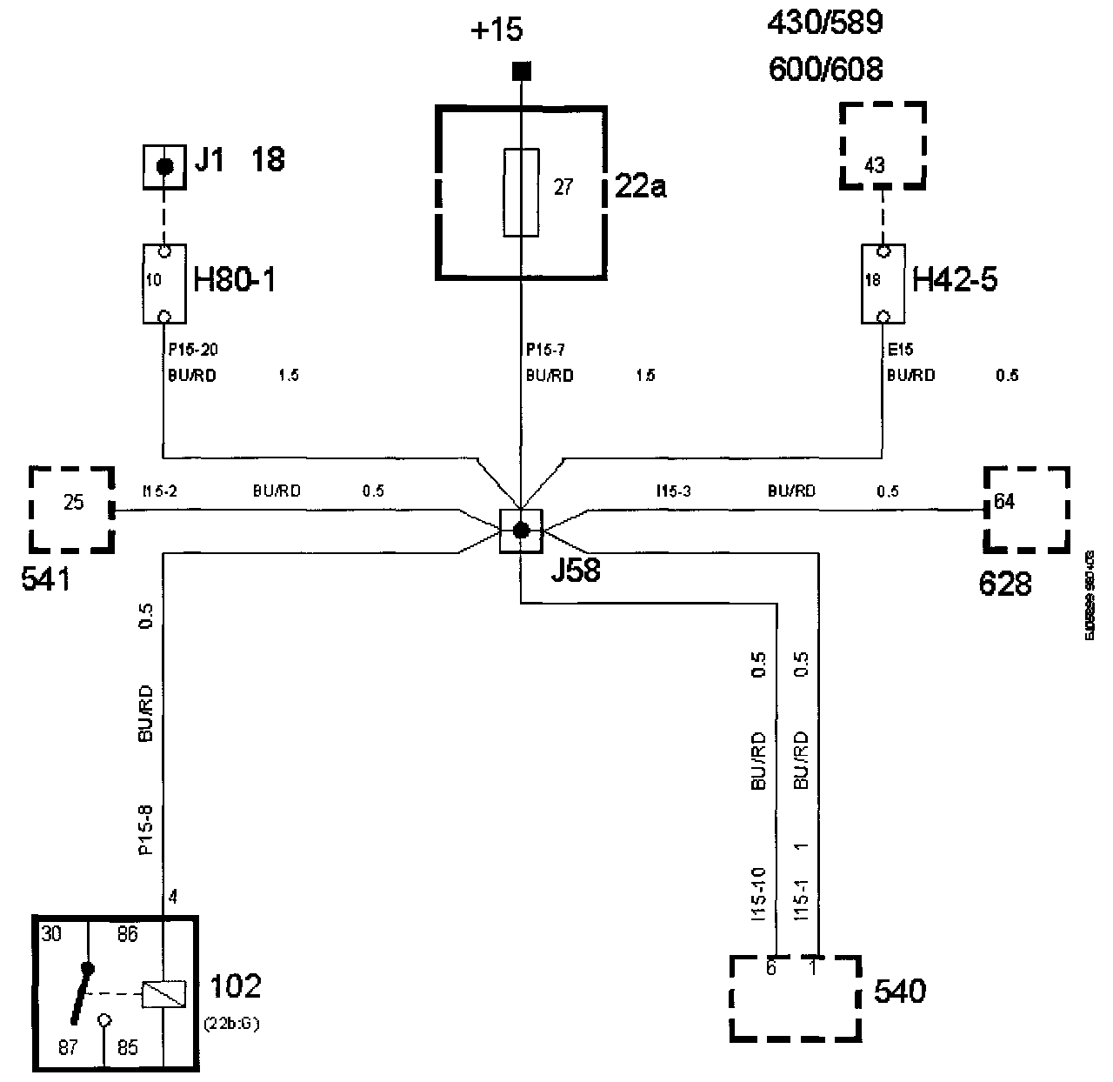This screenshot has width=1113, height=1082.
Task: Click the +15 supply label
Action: click(497, 30)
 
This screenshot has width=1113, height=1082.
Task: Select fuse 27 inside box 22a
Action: click(521, 192)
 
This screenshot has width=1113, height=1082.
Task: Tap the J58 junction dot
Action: click(521, 531)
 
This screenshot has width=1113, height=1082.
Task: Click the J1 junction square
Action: click(163, 166)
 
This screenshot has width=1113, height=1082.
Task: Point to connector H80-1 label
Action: click(234, 281)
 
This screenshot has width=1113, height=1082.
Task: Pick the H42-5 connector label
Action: click(954, 281)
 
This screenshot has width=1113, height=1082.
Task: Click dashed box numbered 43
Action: click(882, 146)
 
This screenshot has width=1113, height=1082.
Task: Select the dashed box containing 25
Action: click(72, 509)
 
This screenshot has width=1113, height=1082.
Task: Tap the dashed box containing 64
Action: click(1026, 509)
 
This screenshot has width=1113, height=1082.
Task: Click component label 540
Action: click(899, 992)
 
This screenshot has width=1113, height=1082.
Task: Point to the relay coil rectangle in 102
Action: click(163, 993)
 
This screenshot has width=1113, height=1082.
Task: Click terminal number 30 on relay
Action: click(50, 934)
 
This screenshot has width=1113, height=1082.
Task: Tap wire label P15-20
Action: click(192, 350)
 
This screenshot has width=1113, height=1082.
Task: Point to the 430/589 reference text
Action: click(824, 23)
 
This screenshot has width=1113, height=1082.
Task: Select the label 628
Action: click(1005, 584)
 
